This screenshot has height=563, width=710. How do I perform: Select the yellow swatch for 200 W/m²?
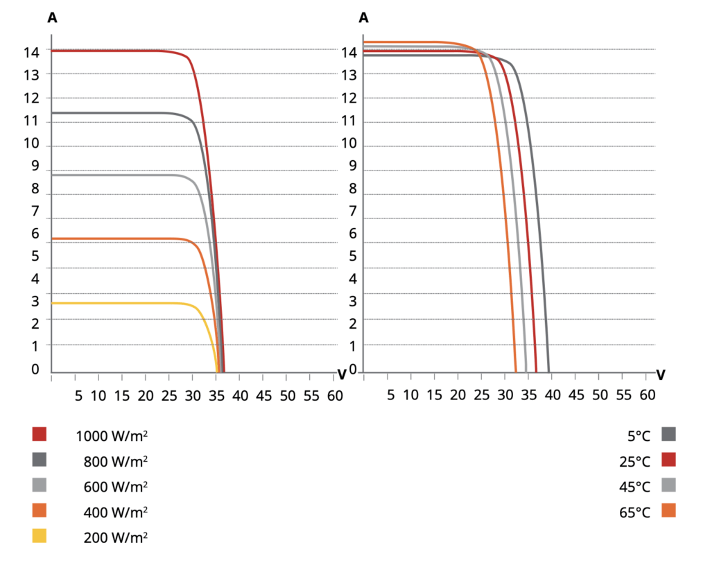(40, 536)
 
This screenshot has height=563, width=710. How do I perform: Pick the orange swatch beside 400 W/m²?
(40, 510)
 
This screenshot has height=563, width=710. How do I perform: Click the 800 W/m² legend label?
(115, 461)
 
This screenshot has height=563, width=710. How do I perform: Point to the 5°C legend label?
(638, 436)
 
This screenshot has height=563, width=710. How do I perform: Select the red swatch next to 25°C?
(668, 460)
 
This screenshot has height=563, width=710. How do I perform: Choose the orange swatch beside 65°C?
(668, 511)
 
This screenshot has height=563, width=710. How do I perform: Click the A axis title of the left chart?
(52, 19)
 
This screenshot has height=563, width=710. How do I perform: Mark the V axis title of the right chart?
(660, 374)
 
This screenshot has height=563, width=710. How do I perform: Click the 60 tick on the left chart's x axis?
(334, 395)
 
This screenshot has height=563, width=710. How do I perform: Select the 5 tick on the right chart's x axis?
(391, 395)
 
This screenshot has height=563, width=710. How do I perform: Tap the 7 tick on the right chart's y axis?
(352, 211)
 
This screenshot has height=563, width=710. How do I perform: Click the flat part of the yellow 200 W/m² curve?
(118, 303)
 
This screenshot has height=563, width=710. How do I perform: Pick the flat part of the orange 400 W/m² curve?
(118, 239)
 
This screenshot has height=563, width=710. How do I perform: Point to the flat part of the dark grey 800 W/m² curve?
(118, 113)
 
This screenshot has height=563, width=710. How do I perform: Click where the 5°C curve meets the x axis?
(548, 372)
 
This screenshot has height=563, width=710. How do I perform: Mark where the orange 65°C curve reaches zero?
(516, 372)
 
